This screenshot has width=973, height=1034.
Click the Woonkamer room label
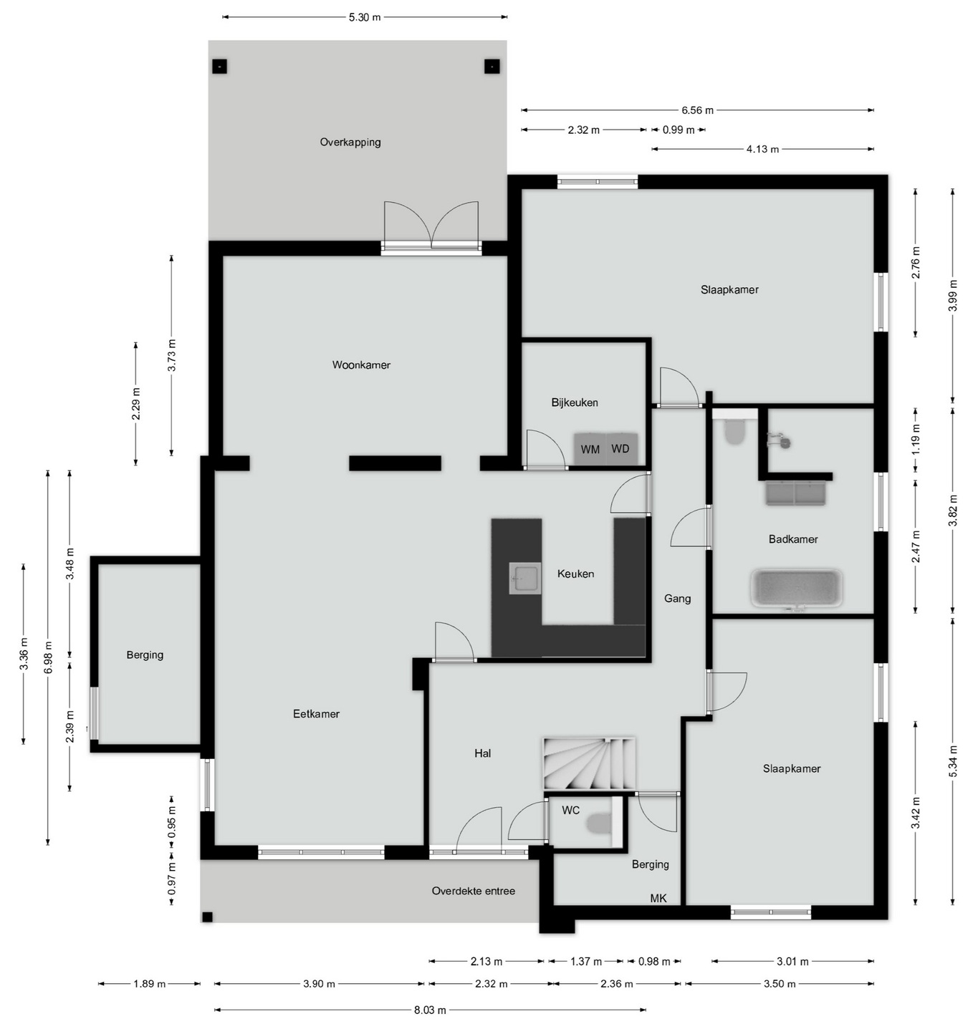click(361, 365)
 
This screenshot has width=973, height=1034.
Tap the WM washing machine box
click(590, 449)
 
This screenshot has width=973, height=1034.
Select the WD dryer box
click(622, 449)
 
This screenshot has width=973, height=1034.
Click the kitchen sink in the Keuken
click(524, 578)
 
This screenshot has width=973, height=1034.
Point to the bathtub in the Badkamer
click(796, 589)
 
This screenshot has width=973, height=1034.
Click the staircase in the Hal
click(590, 764)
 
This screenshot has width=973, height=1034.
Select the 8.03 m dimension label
click(430, 1010)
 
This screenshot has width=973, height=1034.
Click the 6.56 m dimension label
click(697, 110)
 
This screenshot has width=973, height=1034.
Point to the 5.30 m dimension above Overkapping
click(365, 17)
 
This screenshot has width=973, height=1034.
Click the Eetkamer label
click(317, 714)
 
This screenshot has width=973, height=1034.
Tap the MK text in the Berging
click(658, 898)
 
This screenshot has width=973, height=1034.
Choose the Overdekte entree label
click(473, 891)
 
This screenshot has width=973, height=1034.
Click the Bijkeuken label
click(575, 402)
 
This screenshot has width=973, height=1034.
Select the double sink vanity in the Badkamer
click(796, 493)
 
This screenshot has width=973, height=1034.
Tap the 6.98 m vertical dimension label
click(48, 657)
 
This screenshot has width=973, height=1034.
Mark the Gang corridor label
click(678, 599)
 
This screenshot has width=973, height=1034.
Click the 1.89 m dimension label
click(150, 984)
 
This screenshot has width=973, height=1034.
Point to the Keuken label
click(576, 574)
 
